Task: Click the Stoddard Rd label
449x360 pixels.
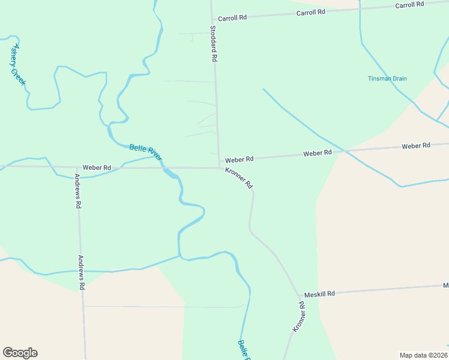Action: point(213,44)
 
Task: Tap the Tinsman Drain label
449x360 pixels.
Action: point(387,79)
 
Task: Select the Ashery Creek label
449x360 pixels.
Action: point(17,64)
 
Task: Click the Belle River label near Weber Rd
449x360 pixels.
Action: point(146,152)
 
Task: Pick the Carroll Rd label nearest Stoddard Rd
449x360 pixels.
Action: point(232,18)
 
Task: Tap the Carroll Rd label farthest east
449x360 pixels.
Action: point(409,5)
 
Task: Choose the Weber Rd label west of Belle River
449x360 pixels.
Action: point(97,167)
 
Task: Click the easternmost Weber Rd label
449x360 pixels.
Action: point(416,146)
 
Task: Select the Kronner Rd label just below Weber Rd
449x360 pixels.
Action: point(239,178)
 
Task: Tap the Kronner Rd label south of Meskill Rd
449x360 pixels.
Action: point(299,317)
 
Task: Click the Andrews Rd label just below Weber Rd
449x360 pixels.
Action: point(77,191)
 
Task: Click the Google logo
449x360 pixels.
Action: point(20,353)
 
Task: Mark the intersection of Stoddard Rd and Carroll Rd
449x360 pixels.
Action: point(212,19)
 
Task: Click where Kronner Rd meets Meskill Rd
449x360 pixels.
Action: point(299,295)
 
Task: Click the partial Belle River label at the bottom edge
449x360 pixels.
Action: point(244,350)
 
